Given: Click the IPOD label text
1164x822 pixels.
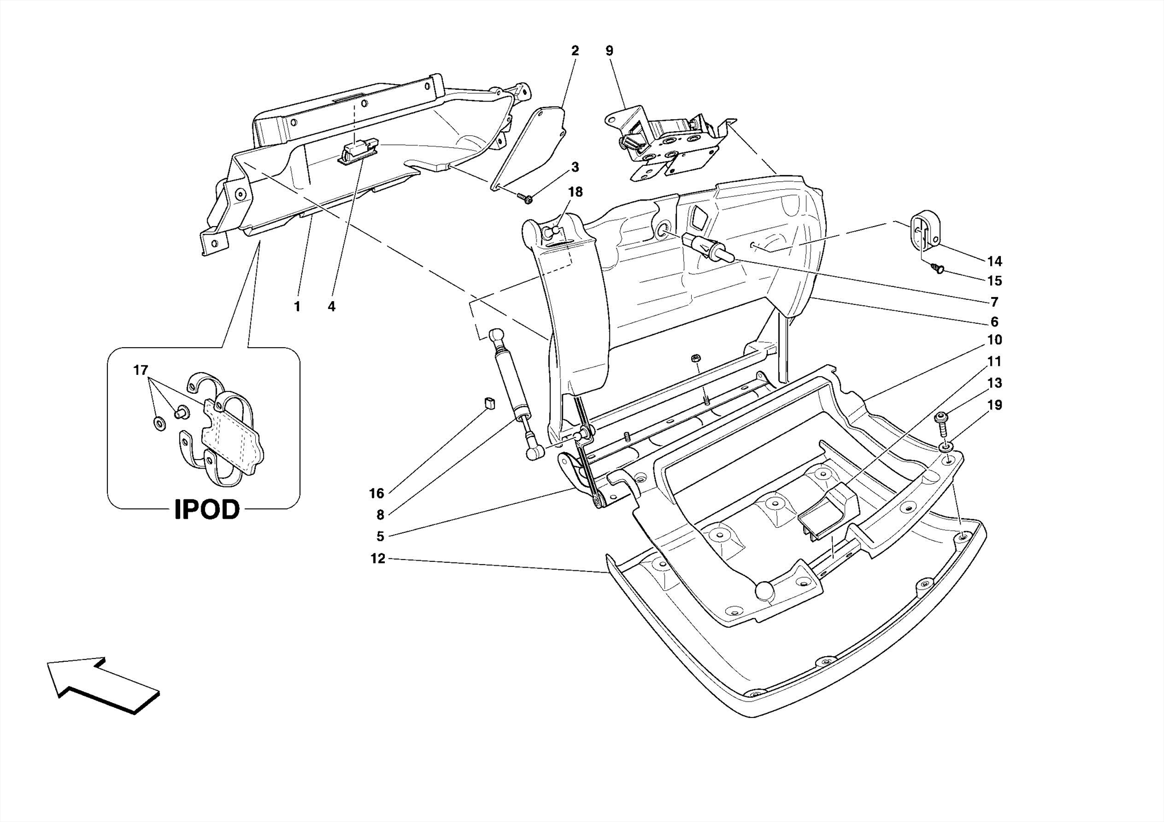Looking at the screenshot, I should [207, 510].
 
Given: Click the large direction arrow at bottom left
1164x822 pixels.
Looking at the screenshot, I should [102, 684].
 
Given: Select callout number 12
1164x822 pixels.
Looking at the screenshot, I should [378, 558].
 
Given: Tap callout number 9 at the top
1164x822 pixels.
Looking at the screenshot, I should [609, 51].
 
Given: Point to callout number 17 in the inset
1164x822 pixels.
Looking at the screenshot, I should [140, 370].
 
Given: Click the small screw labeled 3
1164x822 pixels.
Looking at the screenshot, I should [526, 198].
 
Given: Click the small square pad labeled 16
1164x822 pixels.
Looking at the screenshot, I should [489, 403].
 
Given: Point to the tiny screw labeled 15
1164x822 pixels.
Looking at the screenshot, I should [938, 268].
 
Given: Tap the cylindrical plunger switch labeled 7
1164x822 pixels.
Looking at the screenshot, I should [708, 248].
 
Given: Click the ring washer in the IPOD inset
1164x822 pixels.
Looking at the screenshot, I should [160, 423].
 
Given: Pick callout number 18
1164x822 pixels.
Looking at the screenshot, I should [575, 192].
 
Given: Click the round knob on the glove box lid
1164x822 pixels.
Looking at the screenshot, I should [765, 590].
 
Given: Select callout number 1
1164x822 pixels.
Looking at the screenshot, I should [297, 307].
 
